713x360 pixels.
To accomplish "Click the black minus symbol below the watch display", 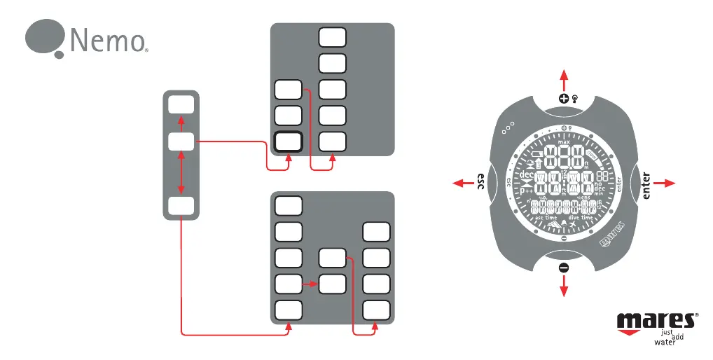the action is click(x=564, y=266).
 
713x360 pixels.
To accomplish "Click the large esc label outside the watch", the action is click(x=482, y=182).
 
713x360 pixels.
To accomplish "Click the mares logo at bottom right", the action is click(x=657, y=321).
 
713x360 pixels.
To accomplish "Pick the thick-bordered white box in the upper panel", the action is click(x=288, y=142).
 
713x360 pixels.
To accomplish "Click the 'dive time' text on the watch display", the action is click(x=582, y=219).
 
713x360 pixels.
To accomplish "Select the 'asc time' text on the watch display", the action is click(x=547, y=219).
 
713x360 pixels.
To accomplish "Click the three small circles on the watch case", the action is click(x=508, y=127).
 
